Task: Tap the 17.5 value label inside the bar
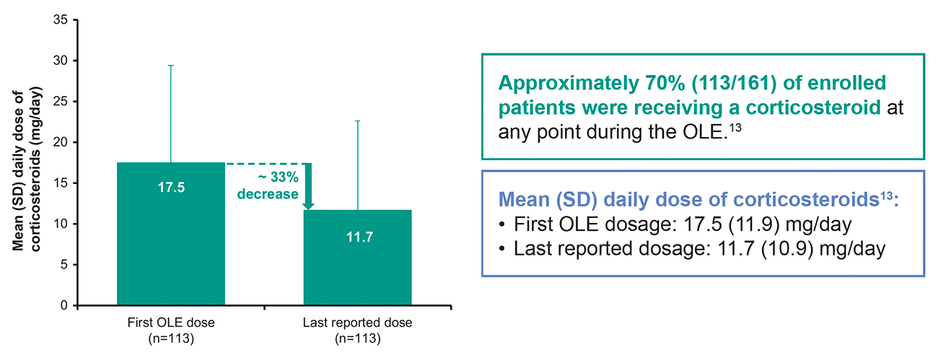coord(171,188)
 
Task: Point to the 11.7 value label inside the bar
coord(358,237)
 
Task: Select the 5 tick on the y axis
coord(65,265)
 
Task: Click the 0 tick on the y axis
coord(65,305)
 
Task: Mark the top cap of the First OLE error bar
coord(171,66)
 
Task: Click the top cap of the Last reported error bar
coord(357,121)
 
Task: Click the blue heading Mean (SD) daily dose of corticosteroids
coord(692,200)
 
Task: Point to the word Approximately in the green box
coord(560,83)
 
